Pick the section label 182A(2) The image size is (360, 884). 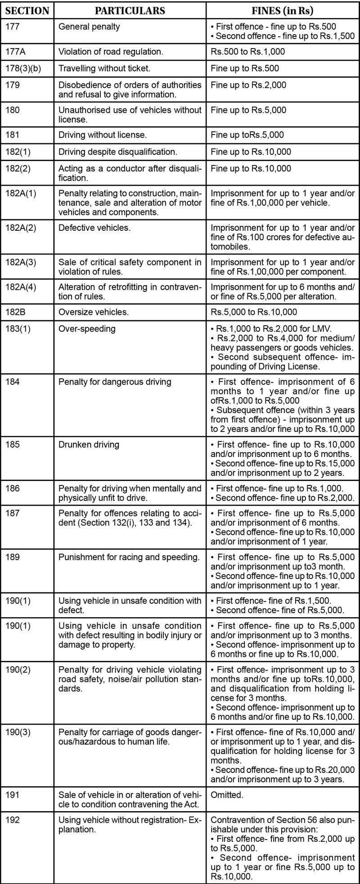pos(21,228)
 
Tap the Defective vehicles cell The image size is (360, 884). pos(94,228)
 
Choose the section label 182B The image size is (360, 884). pos(16,312)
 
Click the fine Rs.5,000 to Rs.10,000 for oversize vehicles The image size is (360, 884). pos(254,312)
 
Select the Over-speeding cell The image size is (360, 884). pos(87,329)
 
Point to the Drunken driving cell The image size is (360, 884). pos(89,444)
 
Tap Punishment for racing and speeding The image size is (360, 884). pos(129,557)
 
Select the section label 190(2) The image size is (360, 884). pos(18,670)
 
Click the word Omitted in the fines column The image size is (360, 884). pos(227,795)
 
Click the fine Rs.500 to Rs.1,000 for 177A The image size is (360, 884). pos(247,52)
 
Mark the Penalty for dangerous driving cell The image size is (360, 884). pos(115,382)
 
